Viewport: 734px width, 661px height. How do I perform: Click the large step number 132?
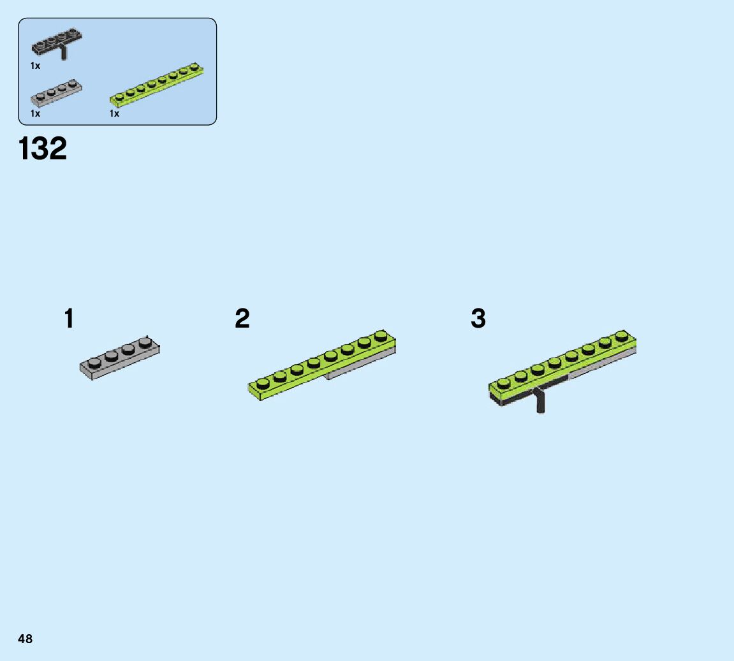(43, 149)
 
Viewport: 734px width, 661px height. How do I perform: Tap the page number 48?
(25, 639)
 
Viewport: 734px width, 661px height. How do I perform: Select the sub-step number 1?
(69, 319)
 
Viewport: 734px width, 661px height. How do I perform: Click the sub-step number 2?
(242, 319)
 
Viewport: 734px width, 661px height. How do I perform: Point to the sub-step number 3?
(478, 319)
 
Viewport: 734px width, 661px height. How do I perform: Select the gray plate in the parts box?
(56, 93)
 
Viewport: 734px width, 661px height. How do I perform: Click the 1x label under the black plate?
(35, 66)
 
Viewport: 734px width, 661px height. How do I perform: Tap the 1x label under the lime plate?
(114, 113)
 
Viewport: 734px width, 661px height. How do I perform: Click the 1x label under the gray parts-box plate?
(35, 113)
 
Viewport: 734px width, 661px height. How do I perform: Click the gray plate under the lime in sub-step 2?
(361, 365)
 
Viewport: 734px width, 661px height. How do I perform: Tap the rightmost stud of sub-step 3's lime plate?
(621, 335)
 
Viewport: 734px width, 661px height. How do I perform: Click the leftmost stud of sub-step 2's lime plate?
(263, 382)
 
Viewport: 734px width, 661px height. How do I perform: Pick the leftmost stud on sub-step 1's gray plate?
(94, 363)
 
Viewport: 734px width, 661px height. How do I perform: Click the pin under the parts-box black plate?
(63, 54)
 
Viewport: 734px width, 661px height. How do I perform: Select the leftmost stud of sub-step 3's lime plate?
(504, 382)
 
